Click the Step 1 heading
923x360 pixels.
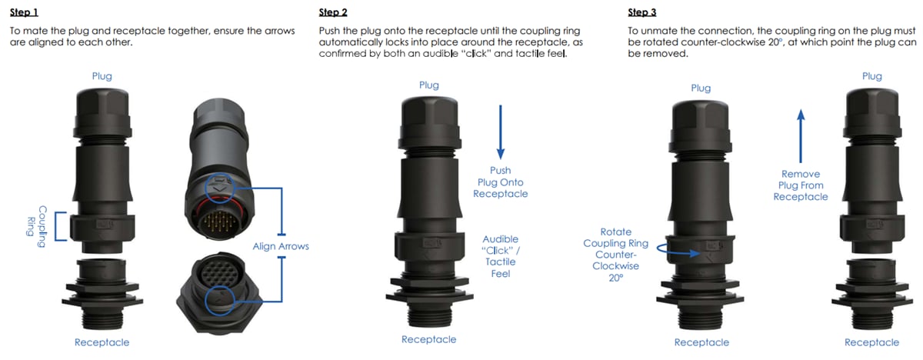[x=23, y=12]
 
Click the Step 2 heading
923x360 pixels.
[x=332, y=12]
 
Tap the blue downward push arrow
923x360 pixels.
[x=500, y=132]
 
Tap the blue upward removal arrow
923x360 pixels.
[x=801, y=135]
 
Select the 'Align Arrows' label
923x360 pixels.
[x=281, y=246]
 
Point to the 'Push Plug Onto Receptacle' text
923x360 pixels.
[x=500, y=182]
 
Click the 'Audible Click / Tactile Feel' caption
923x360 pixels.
[x=500, y=256]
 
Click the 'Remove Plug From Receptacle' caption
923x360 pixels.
[x=801, y=185]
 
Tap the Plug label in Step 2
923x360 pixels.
[x=428, y=85]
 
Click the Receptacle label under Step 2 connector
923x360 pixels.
[x=428, y=339]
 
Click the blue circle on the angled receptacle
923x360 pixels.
[x=222, y=297]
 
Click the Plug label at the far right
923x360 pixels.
[x=871, y=76]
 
